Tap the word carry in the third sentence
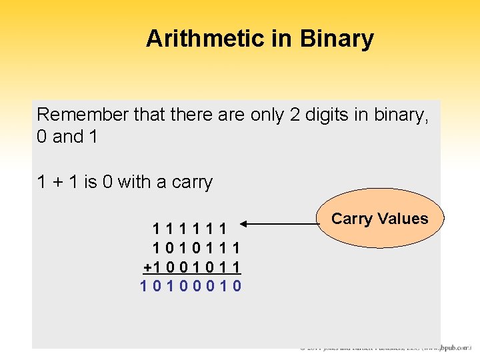pos(192,182)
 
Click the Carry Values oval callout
pos(379,219)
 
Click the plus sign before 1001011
pos(147,267)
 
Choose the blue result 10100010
pos(191,286)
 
